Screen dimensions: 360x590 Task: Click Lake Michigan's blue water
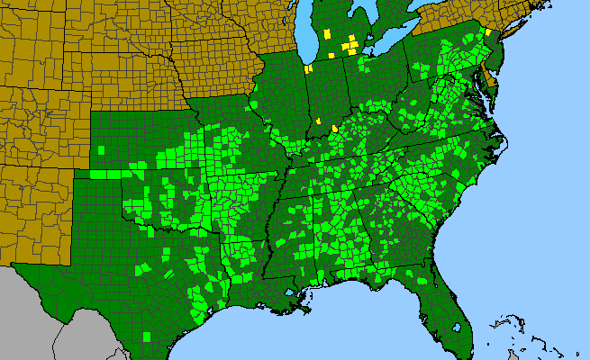[x=312, y=40]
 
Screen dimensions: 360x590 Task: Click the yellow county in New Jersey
[x=488, y=31]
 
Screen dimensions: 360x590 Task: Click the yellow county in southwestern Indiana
[x=321, y=120]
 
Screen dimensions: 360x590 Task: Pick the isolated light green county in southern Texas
[x=149, y=336]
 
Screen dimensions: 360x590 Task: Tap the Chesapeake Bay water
[x=483, y=103]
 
